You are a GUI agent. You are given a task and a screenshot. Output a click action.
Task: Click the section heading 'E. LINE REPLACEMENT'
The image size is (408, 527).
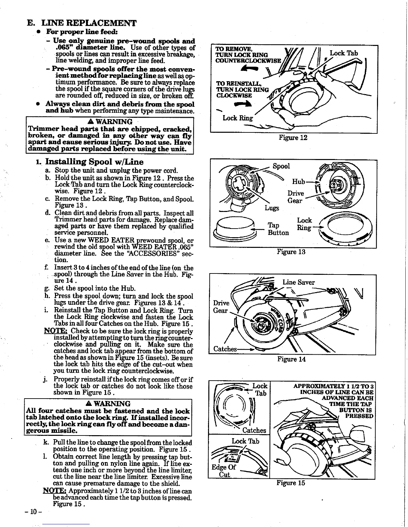82,23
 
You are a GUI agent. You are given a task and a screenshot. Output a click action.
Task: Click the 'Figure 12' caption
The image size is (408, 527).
292,138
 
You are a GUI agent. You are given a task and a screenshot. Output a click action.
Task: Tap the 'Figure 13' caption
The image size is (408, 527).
292,252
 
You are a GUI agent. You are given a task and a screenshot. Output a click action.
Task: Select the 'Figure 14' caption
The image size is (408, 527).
291,359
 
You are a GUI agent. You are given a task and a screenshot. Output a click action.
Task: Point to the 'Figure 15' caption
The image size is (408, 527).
291,483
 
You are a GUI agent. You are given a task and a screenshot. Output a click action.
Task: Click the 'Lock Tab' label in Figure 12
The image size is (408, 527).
344,53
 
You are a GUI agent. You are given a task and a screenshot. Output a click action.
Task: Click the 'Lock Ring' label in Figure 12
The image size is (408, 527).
238,118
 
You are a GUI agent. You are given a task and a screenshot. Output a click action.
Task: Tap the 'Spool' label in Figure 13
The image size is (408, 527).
281,166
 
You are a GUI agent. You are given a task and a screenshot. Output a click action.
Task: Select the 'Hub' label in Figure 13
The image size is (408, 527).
298,181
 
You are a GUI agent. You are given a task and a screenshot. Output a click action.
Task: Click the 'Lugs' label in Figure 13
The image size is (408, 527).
272,208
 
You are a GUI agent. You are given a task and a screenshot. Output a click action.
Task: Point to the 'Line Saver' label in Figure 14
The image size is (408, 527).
298,282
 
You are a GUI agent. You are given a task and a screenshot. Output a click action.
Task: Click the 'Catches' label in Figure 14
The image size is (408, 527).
225,349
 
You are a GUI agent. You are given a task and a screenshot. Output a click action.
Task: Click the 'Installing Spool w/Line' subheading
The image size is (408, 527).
94,162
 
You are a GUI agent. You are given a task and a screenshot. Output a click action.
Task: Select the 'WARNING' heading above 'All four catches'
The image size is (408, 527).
109,404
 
